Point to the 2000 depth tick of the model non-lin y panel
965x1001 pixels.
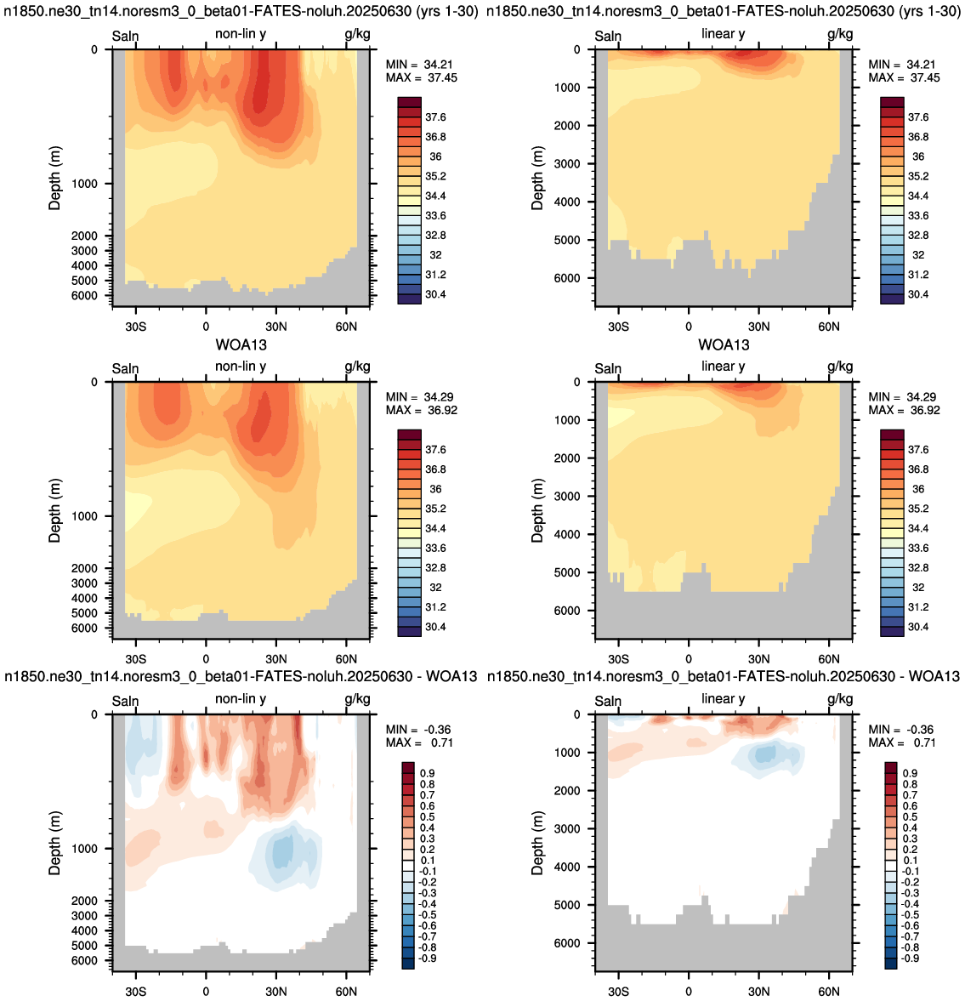coord(83,236)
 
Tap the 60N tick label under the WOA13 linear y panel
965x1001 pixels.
coord(828,659)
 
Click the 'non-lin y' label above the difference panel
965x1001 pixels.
coord(241,699)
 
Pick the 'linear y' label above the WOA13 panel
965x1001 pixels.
coord(723,367)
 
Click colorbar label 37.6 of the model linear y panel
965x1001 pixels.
coord(918,117)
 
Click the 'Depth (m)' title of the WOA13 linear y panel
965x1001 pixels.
coord(537,510)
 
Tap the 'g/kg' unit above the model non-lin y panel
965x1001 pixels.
coord(357,34)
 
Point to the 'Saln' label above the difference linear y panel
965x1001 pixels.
coord(608,701)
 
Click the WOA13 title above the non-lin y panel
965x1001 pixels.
coord(241,344)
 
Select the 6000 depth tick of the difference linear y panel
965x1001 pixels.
coord(567,943)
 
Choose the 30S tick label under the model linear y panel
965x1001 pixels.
coord(618,327)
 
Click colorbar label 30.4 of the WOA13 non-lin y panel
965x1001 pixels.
coord(436,627)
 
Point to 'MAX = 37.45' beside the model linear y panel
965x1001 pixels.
coord(905,78)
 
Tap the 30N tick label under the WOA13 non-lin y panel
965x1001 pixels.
coord(276,659)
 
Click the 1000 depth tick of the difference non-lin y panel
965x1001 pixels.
coord(83,849)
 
